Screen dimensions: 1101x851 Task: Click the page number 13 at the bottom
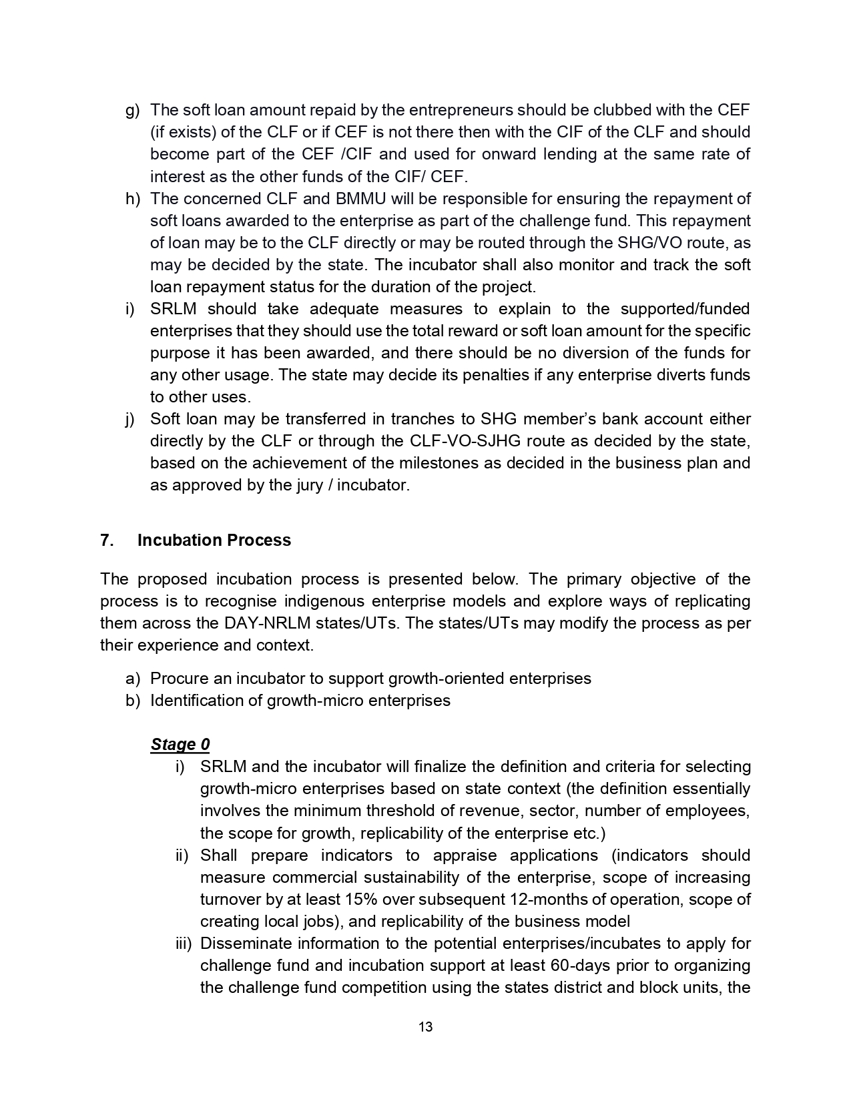coord(425,1027)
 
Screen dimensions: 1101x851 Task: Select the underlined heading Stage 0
coord(180,744)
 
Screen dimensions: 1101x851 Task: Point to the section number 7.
coord(107,540)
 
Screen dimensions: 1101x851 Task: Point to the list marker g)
coord(133,110)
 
